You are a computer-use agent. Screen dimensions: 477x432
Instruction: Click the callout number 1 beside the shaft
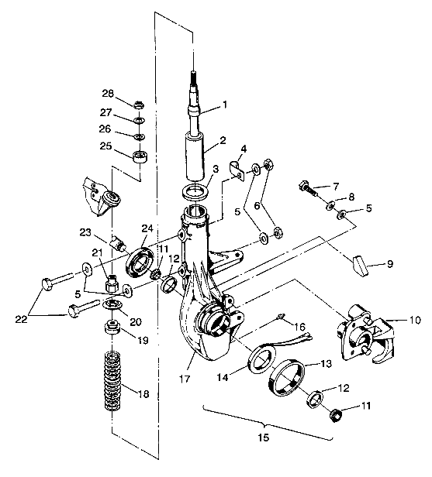click(x=225, y=105)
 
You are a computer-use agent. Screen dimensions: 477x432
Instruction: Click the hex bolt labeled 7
click(x=306, y=188)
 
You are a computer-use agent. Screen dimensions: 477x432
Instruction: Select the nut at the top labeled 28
click(x=138, y=105)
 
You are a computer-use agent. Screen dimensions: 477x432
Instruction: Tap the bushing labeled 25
click(x=140, y=158)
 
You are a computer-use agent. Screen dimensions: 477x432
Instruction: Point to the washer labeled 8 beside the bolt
click(x=330, y=205)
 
